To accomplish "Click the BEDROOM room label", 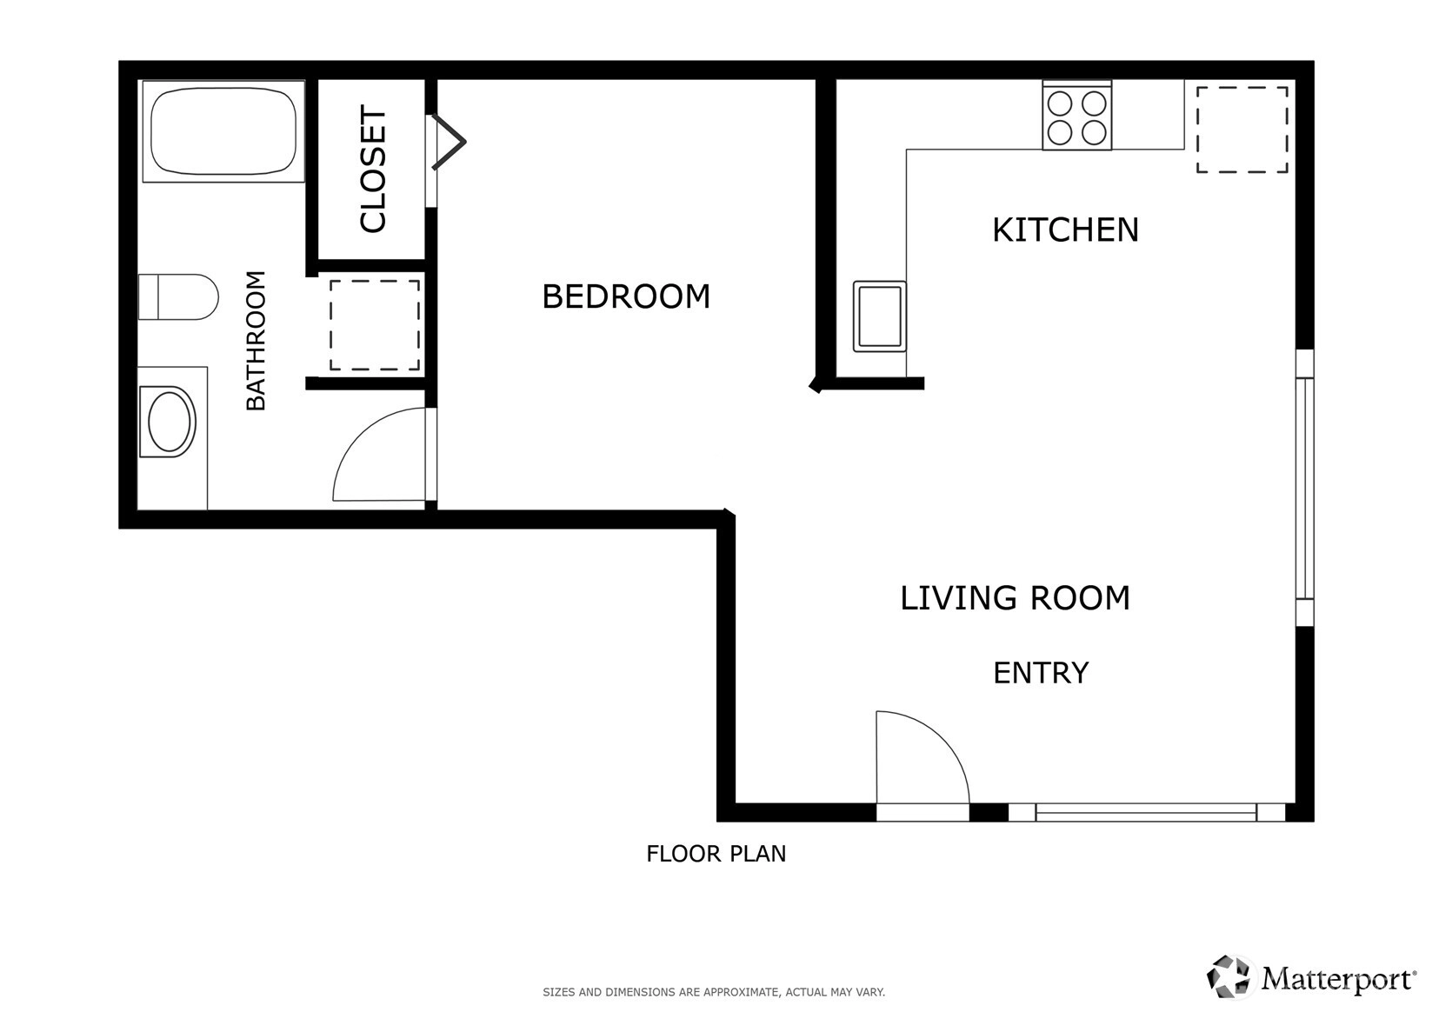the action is (626, 296).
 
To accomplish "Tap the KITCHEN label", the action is (1065, 230).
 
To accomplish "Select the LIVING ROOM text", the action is (1016, 598).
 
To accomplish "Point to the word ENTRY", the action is (1041, 673).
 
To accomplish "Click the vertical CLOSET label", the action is (373, 169).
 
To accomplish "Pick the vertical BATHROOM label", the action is (256, 340).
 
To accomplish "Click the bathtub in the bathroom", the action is (223, 131).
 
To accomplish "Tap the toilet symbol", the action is (178, 297).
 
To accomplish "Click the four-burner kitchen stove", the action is (1077, 116).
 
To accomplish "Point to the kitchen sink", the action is (880, 316).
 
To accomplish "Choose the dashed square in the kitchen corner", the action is (1242, 130).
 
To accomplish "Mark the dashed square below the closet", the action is (375, 325).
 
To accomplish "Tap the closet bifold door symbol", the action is (450, 142).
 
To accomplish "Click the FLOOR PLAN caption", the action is (716, 854).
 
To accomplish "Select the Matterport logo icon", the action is (1228, 977).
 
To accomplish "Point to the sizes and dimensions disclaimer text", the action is (714, 993).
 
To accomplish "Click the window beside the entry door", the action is (1147, 813).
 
